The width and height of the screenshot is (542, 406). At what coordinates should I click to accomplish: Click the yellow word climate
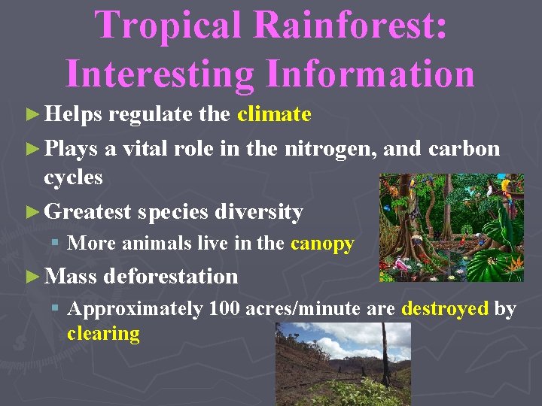tap(274, 114)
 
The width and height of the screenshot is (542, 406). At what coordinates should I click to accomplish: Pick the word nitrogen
tap(330, 149)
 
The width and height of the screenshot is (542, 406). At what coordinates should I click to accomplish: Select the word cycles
tap(73, 177)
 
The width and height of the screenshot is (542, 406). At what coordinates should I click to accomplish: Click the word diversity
tap(259, 212)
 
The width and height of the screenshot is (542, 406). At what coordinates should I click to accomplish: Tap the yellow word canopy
tap(322, 244)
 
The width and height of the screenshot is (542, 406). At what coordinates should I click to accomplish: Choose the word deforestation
tap(171, 277)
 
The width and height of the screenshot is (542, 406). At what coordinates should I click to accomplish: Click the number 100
tap(226, 309)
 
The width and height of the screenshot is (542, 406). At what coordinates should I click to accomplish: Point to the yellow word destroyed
tap(446, 309)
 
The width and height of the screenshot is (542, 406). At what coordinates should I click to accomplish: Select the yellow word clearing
tap(103, 334)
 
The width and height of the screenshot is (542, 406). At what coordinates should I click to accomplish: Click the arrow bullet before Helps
tap(31, 115)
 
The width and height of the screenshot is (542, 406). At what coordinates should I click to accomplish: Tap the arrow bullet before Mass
tap(31, 277)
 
